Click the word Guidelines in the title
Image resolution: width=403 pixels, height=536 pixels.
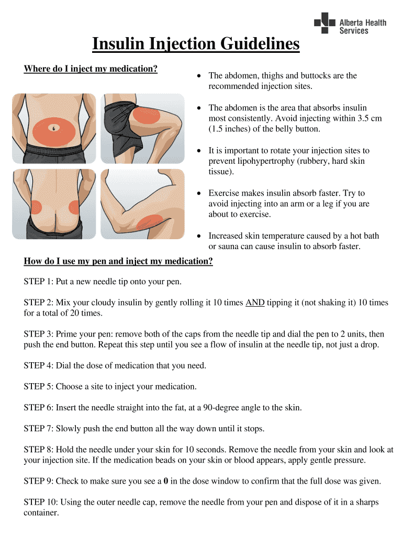[249, 44]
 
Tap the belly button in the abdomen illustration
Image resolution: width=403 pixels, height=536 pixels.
[54, 128]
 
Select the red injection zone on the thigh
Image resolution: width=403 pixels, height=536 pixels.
[150, 113]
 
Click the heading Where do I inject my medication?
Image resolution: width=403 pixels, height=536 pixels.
[91, 69]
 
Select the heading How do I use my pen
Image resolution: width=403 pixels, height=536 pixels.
[118, 261]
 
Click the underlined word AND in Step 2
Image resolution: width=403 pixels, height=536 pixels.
[255, 303]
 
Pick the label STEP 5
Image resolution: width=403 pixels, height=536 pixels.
[38, 387]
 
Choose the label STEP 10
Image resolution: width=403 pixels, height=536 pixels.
[40, 502]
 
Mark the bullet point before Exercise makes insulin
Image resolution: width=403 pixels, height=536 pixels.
[198, 194]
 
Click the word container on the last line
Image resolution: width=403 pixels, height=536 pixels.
[41, 513]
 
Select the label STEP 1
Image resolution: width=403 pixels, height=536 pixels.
[38, 282]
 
